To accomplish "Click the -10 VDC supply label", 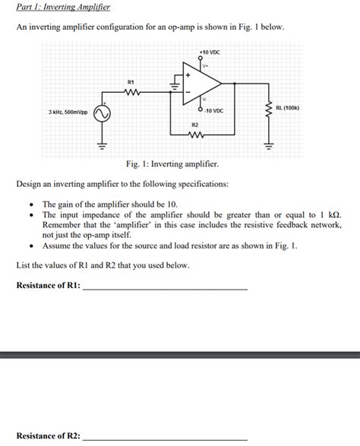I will tap(213, 111).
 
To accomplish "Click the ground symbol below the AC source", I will tap(102, 143).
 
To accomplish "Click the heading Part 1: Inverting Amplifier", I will tap(63, 8).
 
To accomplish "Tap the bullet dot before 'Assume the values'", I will tap(30, 247).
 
